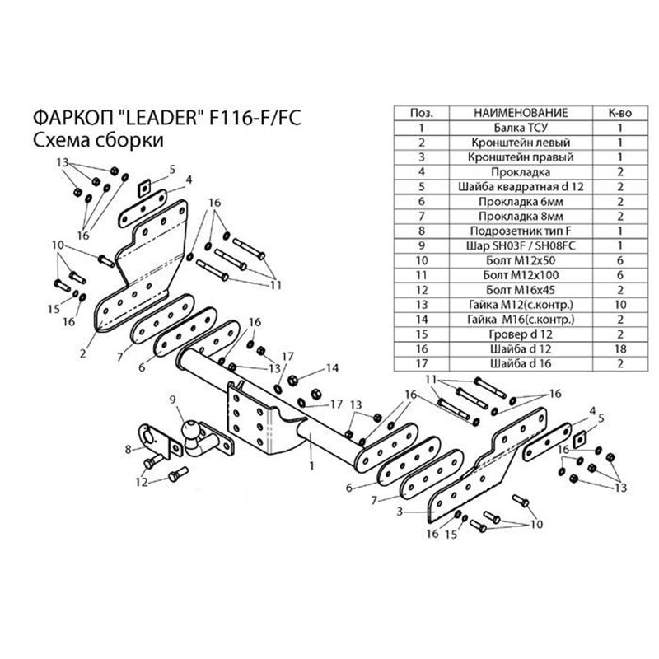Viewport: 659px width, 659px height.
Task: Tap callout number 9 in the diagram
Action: (173, 400)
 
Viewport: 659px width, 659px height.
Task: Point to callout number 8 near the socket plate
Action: (128, 449)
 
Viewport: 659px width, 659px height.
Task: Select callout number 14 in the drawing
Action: (333, 367)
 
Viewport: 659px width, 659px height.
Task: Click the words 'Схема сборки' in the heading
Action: (97, 140)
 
